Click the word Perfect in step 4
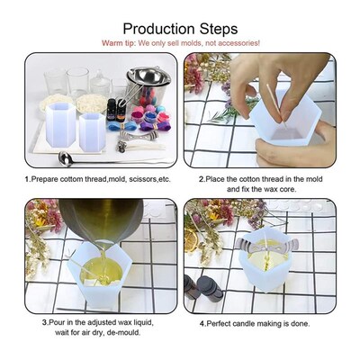point(220,323)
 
